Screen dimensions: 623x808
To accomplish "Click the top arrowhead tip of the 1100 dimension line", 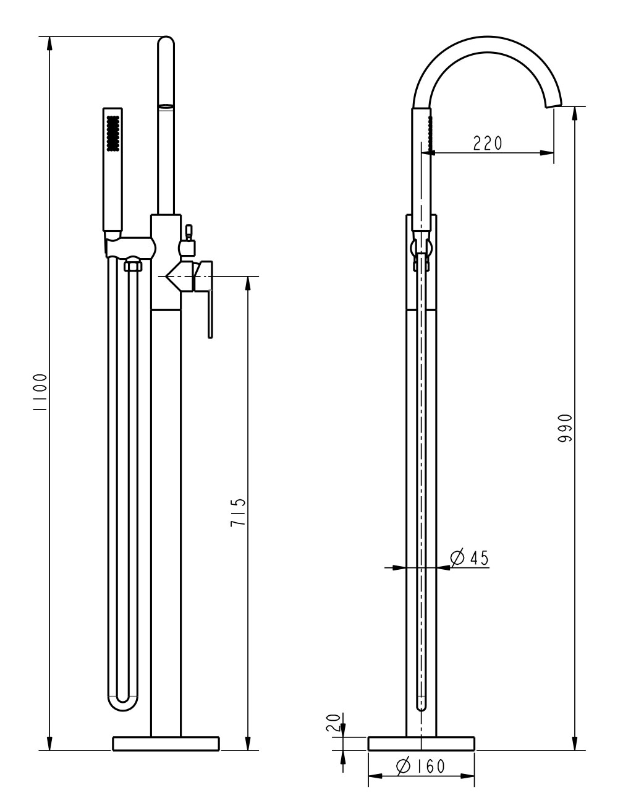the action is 49,37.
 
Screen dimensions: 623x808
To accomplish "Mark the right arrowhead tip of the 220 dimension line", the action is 554,152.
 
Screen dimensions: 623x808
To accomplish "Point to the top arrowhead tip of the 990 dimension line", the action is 575,106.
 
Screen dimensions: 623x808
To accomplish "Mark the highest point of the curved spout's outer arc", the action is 487,36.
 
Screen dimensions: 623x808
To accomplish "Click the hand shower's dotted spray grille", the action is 112,133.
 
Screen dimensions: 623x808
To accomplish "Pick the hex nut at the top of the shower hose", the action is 132,265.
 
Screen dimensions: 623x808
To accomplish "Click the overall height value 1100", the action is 40,392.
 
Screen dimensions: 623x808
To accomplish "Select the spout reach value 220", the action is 488,143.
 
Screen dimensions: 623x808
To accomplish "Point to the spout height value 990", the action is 565,428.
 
